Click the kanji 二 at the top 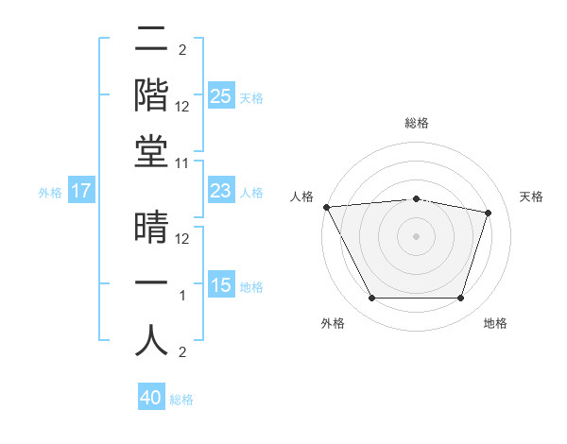[151, 42]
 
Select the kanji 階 [151, 94]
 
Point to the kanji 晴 [151, 230]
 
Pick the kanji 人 [151, 340]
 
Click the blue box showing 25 [220, 95]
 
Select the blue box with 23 [220, 191]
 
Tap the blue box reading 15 [220, 285]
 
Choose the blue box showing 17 [80, 191]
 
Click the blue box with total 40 [151, 398]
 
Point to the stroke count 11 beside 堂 [182, 163]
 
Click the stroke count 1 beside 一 [182, 296]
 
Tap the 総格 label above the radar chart [416, 123]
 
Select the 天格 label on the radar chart [532, 196]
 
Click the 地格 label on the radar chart [495, 323]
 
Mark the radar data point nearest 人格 [326, 207]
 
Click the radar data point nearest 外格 [371, 299]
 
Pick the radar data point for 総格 [416, 198]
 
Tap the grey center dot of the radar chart [416, 235]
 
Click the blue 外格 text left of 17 [49, 192]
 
